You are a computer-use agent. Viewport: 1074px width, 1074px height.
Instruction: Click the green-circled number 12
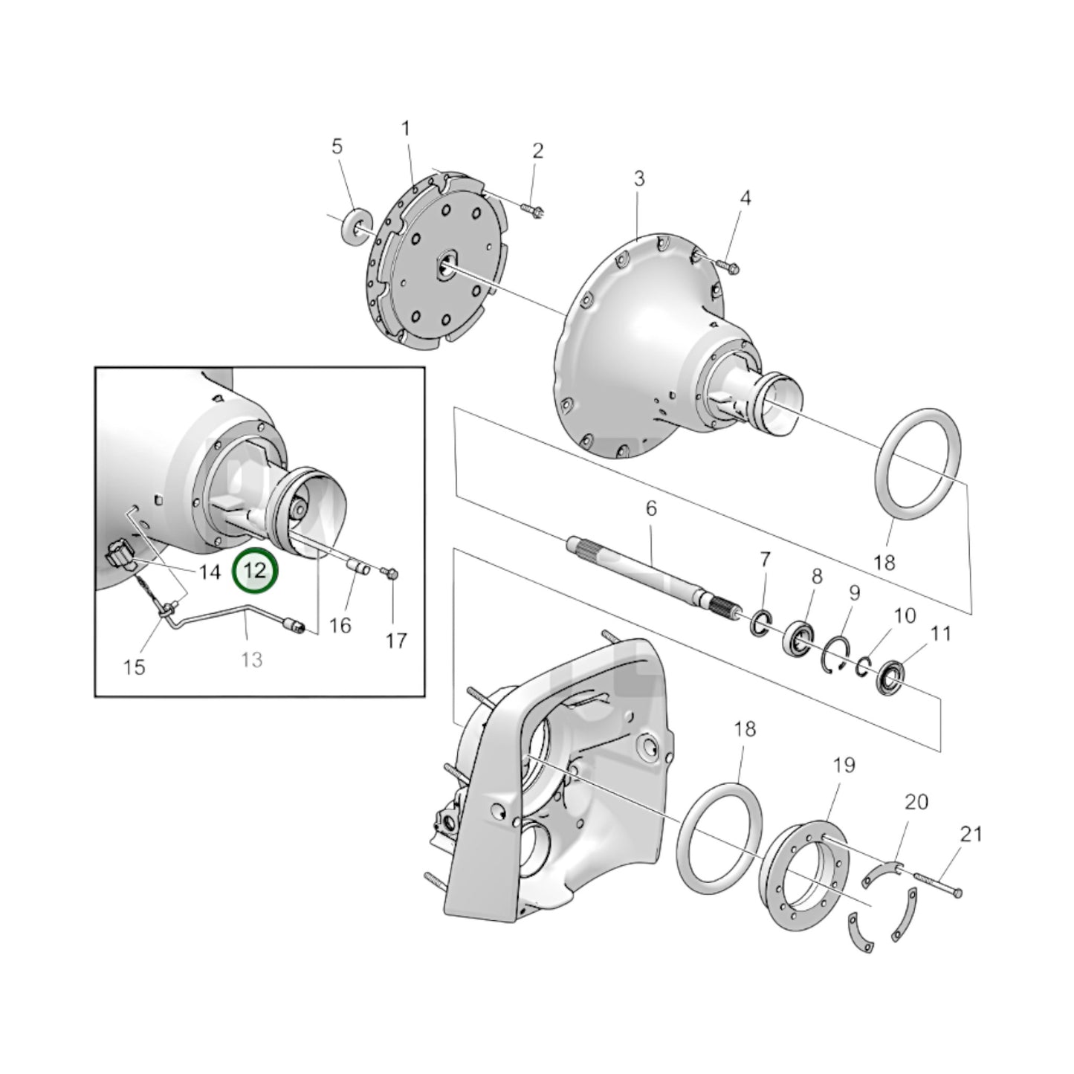pyautogui.click(x=254, y=571)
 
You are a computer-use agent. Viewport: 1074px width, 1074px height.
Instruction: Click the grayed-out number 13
pyautogui.click(x=252, y=659)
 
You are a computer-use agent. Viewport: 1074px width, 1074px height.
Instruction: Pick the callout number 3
pyautogui.click(x=638, y=179)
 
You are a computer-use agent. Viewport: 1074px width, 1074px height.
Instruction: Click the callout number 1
pyautogui.click(x=406, y=129)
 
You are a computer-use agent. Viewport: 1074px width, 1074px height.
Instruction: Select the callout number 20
pyautogui.click(x=916, y=802)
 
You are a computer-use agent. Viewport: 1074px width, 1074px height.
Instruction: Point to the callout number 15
pyautogui.click(x=134, y=667)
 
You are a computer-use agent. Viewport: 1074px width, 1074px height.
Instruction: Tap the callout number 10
pyautogui.click(x=905, y=615)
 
